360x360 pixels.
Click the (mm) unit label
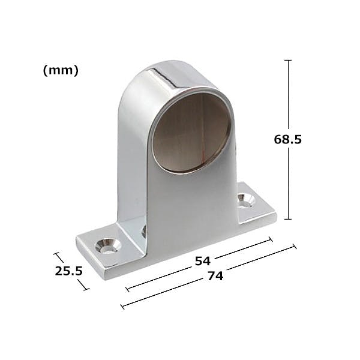tap(61, 70)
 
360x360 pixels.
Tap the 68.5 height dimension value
tap(287, 139)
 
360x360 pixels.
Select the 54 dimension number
tap(203, 261)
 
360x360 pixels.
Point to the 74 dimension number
tap(215, 276)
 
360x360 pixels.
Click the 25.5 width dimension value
tap(68, 271)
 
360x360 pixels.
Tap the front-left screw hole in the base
tap(108, 246)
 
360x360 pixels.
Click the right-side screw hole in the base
tap(246, 200)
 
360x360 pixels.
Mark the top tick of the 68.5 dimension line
tap(288, 60)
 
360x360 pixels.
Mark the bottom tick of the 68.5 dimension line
tap(288, 219)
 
